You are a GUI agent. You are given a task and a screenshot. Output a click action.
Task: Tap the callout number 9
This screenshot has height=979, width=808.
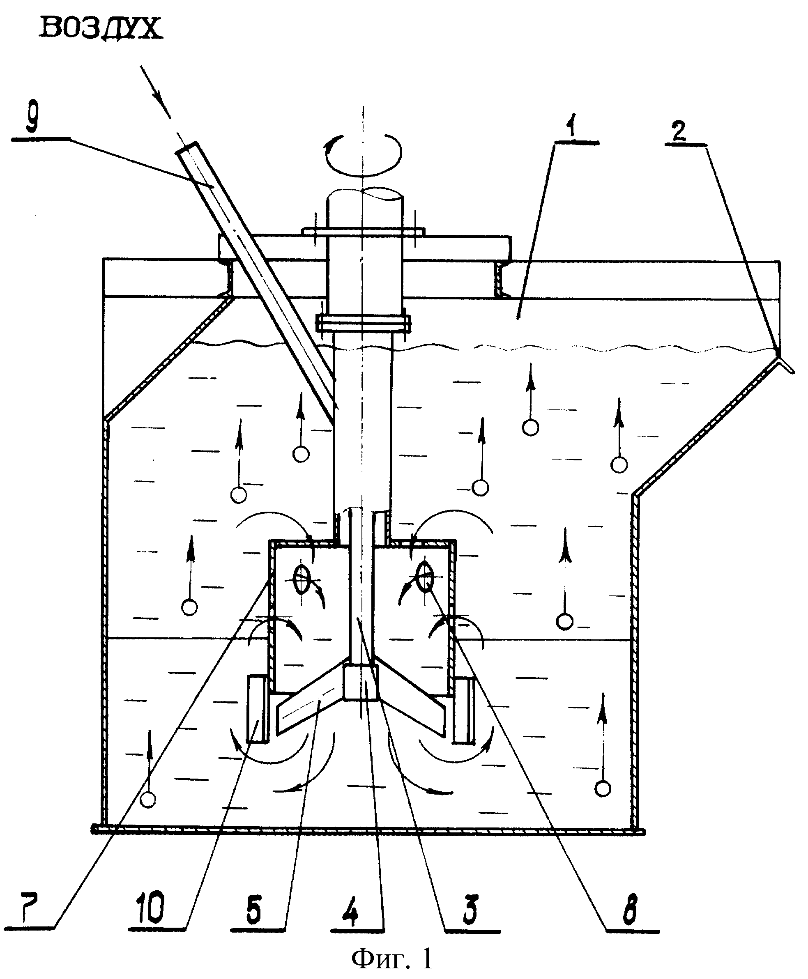tap(32, 117)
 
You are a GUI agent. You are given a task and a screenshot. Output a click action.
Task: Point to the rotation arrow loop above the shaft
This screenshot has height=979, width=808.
tap(363, 157)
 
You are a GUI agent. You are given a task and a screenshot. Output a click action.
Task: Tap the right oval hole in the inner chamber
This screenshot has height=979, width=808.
tap(425, 577)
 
